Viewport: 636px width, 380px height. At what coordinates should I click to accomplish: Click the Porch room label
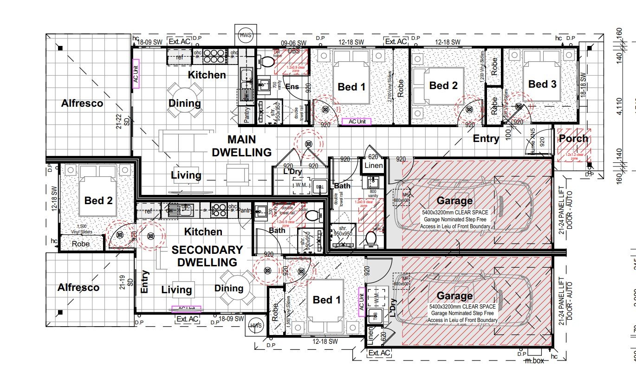573,138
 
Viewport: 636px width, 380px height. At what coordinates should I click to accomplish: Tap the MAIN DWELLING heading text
241,146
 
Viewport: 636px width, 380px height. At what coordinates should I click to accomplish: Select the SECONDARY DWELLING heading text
207,256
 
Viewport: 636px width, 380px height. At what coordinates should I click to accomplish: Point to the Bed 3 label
542,84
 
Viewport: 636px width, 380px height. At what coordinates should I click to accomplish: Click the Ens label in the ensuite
292,87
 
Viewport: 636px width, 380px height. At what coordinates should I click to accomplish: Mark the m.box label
534,361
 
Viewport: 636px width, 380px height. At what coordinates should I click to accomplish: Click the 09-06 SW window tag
294,43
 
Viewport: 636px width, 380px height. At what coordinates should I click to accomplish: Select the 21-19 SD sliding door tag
125,282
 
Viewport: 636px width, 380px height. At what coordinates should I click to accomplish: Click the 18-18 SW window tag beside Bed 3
584,86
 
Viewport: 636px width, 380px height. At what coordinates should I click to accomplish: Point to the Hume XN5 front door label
533,141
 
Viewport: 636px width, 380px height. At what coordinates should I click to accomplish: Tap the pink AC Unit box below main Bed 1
357,122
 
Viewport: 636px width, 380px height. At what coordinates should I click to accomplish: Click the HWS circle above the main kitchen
246,35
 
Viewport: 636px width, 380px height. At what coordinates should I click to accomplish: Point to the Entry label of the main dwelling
486,138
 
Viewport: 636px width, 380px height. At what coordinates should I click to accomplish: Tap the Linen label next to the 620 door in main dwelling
374,166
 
